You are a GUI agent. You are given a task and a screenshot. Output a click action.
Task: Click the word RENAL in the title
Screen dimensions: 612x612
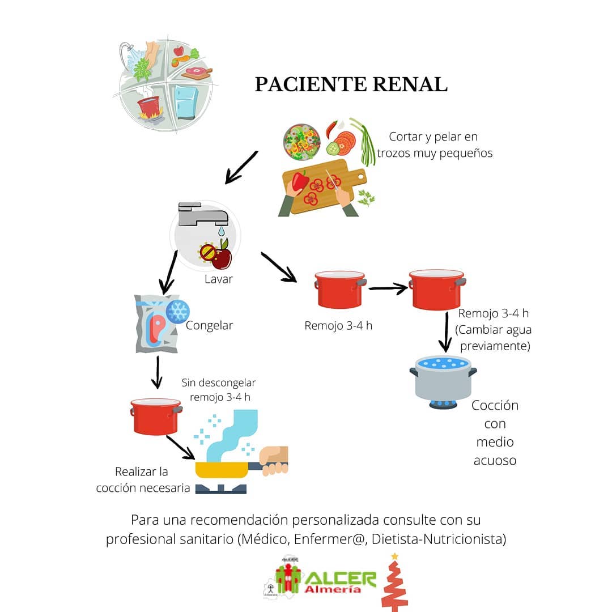click(x=410, y=84)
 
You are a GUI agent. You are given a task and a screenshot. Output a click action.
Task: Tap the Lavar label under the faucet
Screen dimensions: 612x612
click(x=219, y=279)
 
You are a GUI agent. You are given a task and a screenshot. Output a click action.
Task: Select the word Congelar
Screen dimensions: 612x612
click(x=209, y=325)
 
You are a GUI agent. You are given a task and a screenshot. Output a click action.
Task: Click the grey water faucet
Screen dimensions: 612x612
click(x=202, y=214)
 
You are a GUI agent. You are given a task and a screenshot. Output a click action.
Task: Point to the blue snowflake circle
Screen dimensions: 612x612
click(x=177, y=311)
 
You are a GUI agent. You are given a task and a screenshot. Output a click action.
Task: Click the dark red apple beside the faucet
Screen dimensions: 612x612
click(x=221, y=257)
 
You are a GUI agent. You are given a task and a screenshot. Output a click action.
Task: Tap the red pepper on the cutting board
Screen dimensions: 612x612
click(x=300, y=181)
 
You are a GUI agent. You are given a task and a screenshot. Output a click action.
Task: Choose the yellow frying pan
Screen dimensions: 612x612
click(x=222, y=470)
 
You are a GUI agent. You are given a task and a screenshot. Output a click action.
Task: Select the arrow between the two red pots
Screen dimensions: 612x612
click(x=388, y=288)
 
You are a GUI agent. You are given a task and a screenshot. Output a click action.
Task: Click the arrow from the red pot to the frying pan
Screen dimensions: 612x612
click(x=181, y=448)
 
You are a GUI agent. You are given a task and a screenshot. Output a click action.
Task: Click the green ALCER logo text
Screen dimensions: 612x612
click(x=340, y=577)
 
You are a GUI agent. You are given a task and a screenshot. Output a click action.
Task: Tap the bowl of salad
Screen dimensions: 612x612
click(x=301, y=142)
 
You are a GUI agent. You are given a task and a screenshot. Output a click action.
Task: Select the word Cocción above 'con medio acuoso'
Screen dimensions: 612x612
click(x=495, y=406)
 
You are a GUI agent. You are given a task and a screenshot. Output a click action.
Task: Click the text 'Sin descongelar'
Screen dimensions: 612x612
click(x=219, y=383)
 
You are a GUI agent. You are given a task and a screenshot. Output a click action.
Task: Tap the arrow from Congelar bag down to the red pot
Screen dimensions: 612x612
click(x=158, y=372)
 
